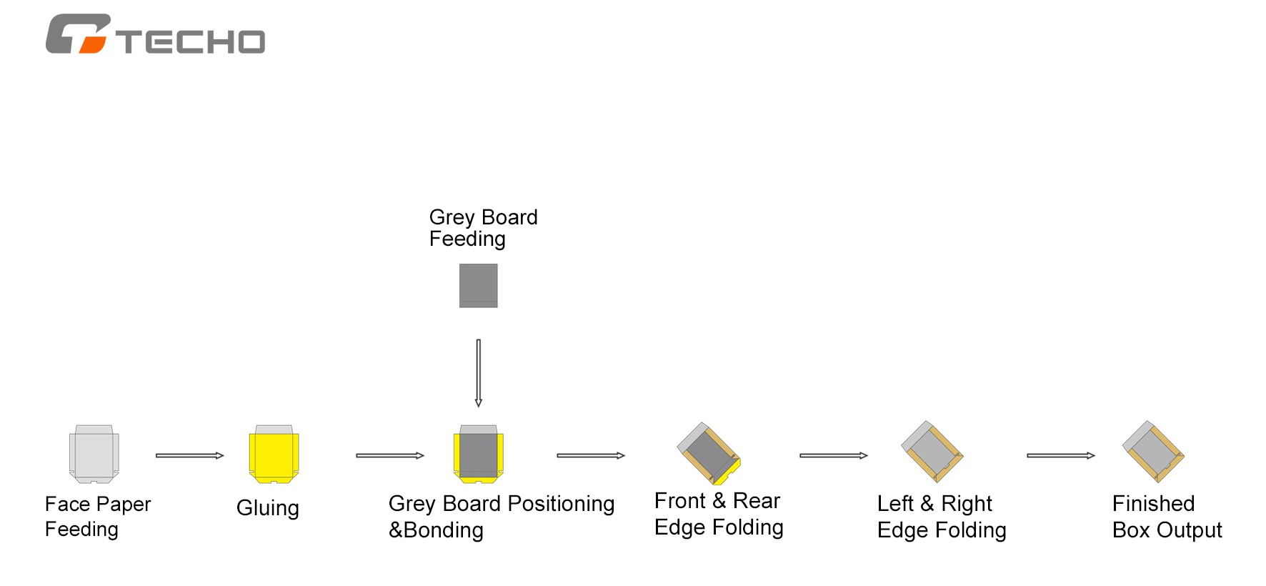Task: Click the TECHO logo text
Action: [x=191, y=41]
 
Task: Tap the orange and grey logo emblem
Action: [x=78, y=34]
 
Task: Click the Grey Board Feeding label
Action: [x=483, y=228]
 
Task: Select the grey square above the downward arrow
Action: [x=478, y=286]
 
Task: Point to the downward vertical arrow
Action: [x=478, y=373]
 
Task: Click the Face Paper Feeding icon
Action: [x=94, y=454]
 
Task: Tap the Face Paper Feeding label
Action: [x=98, y=517]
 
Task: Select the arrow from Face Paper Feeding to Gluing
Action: [x=190, y=455]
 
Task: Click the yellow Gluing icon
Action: [x=274, y=454]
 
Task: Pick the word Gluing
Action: [x=268, y=508]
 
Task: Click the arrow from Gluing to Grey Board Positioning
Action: [x=390, y=455]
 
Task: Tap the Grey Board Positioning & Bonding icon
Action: [x=478, y=454]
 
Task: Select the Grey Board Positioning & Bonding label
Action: [x=502, y=517]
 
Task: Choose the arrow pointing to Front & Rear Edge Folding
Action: [x=591, y=455]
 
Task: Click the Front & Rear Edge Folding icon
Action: [x=709, y=453]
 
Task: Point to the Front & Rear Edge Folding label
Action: [x=719, y=514]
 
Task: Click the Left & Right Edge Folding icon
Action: [x=932, y=452]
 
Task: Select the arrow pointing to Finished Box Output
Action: [x=1061, y=455]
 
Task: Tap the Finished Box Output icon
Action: [x=1153, y=452]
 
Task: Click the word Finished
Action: [x=1153, y=504]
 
